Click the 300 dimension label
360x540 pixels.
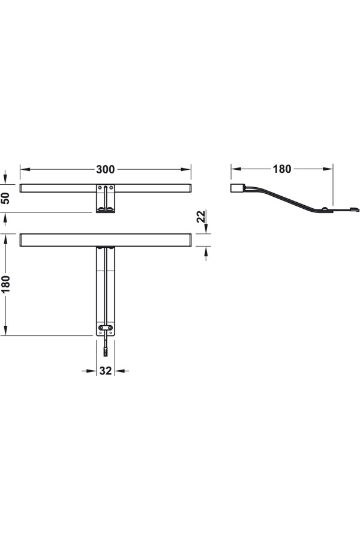105,169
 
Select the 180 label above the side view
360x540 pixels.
282,169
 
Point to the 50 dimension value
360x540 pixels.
6,198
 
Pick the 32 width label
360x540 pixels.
106,371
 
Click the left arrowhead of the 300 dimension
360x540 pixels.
25,169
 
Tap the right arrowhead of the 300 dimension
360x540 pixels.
186,169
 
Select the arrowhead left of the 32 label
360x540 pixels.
91,371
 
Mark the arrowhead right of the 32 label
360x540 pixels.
119,371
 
